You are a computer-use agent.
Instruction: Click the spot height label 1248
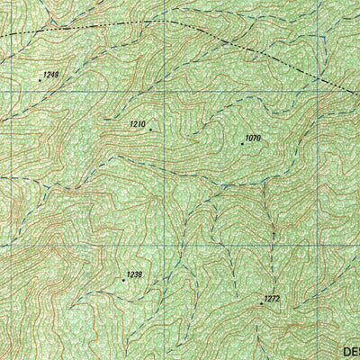pos(50,74)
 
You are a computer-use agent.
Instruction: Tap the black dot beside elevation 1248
pos(40,80)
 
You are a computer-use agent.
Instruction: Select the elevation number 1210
pos(138,123)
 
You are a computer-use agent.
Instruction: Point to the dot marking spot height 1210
pos(150,130)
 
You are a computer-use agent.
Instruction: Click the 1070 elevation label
pos(252,138)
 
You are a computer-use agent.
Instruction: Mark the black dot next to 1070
pos(242,143)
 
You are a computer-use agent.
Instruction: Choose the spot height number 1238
pos(134,274)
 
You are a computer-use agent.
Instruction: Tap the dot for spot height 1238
pos(123,280)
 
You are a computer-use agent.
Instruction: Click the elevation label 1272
pos(272,298)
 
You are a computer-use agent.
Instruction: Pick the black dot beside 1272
pos(261,303)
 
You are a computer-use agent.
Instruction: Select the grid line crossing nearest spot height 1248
pos(8,91)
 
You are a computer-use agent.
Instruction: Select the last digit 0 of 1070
pos(258,138)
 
